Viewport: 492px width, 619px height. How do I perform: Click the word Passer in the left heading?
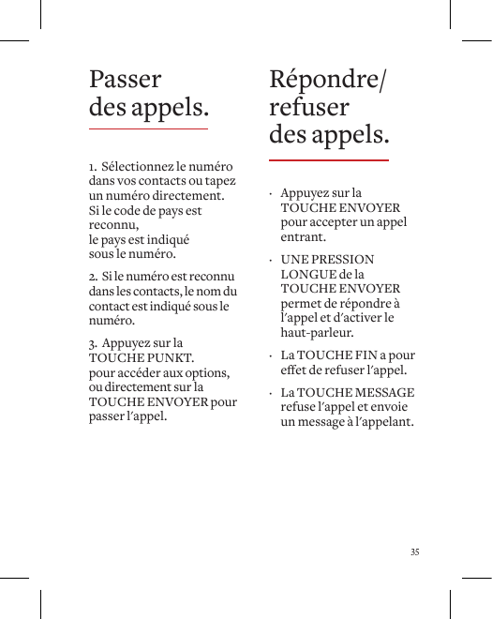pyautogui.click(x=125, y=80)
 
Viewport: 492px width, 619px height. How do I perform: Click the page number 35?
pyautogui.click(x=414, y=551)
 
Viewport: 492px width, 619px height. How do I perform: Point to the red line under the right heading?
pyautogui.click(x=328, y=160)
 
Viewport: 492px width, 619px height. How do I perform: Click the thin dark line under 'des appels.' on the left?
pyautogui.click(x=148, y=128)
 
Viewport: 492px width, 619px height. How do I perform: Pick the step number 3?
pyautogui.click(x=93, y=343)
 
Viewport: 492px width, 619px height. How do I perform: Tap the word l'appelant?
pyautogui.click(x=383, y=423)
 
